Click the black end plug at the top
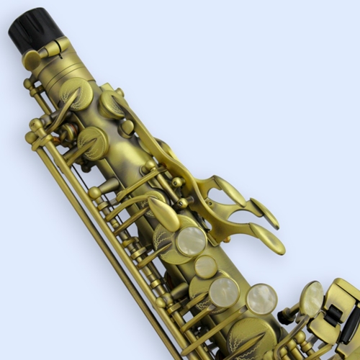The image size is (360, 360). click(35, 31)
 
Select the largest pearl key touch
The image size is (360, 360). click(191, 242)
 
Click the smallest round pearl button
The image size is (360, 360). click(207, 266)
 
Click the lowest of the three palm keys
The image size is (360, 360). click(271, 242)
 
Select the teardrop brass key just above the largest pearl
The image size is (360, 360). click(164, 214)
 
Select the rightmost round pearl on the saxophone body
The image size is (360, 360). click(261, 298)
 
